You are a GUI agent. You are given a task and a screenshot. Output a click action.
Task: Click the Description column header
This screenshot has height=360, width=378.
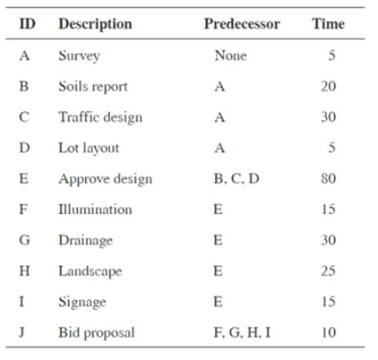pyautogui.click(x=95, y=24)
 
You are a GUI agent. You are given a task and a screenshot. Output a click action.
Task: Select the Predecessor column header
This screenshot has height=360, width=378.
pyautogui.click(x=242, y=24)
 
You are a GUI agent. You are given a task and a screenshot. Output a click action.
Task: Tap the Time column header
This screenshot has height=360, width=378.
pyautogui.click(x=327, y=24)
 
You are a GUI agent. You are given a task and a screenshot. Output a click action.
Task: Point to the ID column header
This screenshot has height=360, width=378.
pyautogui.click(x=27, y=24)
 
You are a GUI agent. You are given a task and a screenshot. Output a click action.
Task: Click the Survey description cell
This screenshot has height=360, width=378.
pyautogui.click(x=80, y=56)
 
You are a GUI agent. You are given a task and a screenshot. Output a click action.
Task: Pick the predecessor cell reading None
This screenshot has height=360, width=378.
pyautogui.click(x=230, y=56)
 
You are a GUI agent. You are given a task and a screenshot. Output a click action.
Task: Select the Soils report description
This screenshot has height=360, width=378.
pyautogui.click(x=92, y=87)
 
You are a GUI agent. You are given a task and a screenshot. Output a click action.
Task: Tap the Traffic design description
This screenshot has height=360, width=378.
pyautogui.click(x=99, y=117)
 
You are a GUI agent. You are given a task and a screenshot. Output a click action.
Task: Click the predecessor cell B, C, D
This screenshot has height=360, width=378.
pyautogui.click(x=236, y=178)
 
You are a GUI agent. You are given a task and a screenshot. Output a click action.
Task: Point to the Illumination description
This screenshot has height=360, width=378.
pyautogui.click(x=95, y=210)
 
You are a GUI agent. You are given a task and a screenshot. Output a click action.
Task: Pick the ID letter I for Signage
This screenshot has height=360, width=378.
pyautogui.click(x=24, y=302)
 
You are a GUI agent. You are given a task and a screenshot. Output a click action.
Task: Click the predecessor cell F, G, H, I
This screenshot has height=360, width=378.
pyautogui.click(x=243, y=332)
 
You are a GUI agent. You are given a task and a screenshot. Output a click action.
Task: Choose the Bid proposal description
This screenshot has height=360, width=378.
pyautogui.click(x=96, y=332)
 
